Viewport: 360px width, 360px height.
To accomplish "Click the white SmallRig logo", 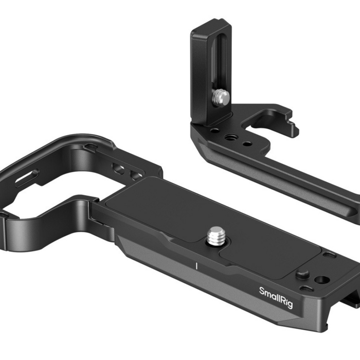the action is [276, 298].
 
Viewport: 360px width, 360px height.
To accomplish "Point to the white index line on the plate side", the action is [196, 266].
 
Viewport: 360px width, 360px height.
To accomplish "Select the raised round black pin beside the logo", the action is [302, 274].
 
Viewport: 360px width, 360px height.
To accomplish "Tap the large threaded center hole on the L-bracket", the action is [229, 138].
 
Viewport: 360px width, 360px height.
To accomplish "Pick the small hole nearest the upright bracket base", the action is [215, 131].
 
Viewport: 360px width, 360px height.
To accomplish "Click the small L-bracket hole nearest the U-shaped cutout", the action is [247, 144].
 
